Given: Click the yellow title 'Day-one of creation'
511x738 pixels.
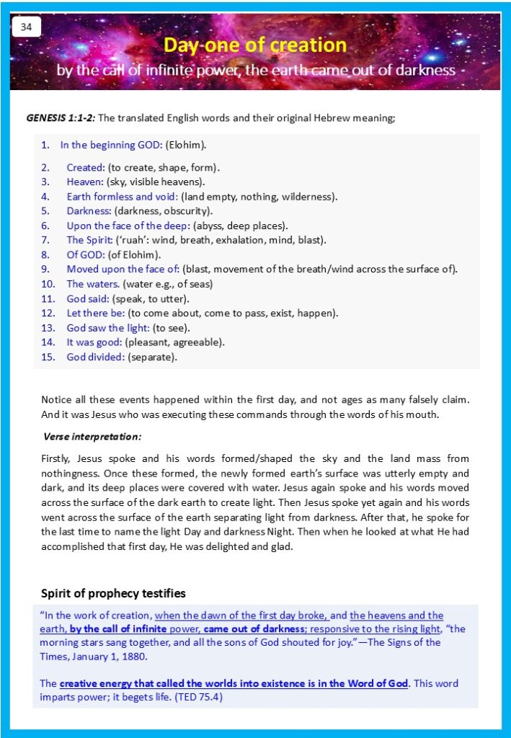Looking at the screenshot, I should (255, 45).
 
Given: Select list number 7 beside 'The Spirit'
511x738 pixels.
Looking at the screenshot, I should (45, 240).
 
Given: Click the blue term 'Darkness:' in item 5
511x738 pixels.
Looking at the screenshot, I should (87, 211).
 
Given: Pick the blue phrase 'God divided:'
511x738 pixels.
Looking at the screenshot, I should (96, 357).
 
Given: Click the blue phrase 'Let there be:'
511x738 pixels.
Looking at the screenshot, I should (96, 313).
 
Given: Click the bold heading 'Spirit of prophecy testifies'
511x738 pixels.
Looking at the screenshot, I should (113, 593).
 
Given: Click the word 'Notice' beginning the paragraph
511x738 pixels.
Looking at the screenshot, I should (57, 399).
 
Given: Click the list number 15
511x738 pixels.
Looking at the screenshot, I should (48, 357).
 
